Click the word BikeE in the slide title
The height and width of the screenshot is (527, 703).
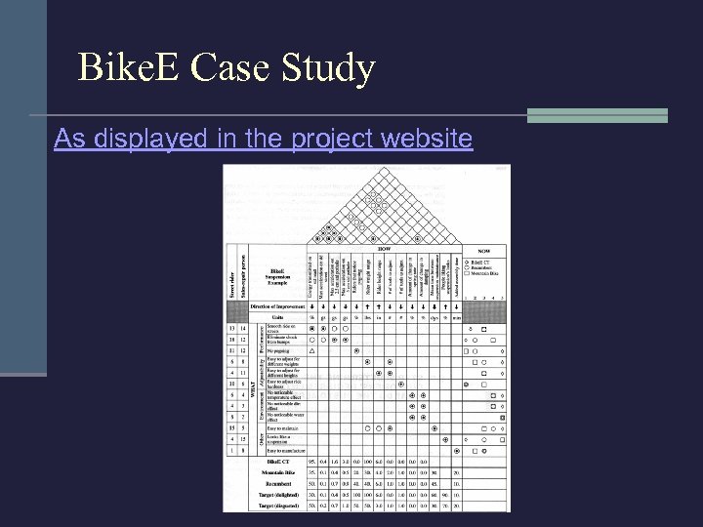[128, 68]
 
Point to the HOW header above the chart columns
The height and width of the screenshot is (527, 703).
[384, 248]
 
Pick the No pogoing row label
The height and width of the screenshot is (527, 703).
[278, 349]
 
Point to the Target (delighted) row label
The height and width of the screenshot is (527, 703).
[280, 495]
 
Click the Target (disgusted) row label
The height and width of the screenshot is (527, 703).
[279, 506]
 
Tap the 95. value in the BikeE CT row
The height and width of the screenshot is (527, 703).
[311, 461]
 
